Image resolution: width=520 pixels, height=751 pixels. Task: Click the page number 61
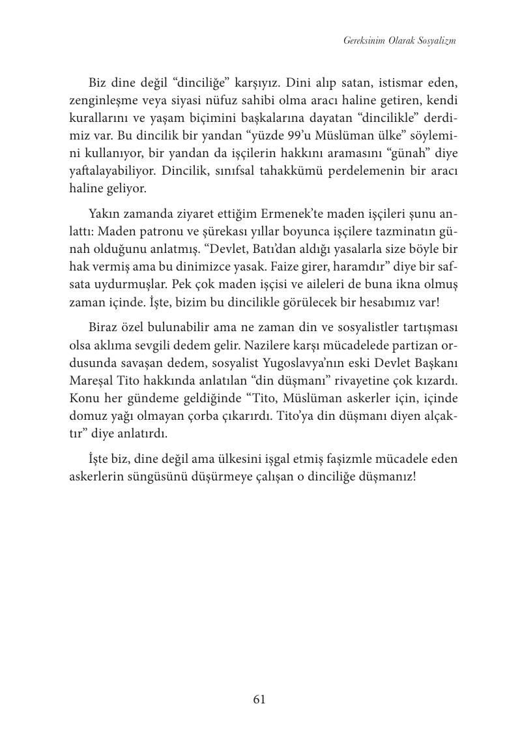[x=259, y=699]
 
